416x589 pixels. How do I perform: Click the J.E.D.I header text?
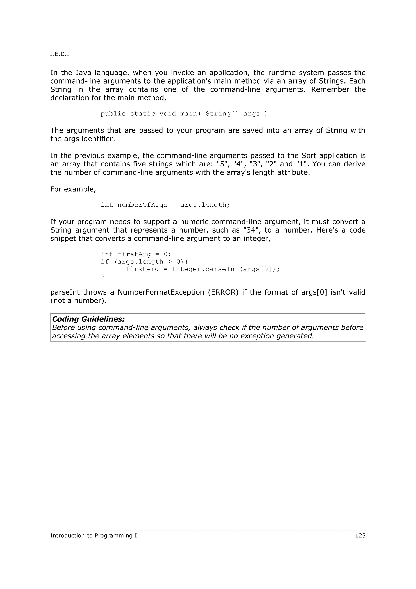pos(60,54)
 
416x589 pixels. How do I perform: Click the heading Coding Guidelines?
pos(88,319)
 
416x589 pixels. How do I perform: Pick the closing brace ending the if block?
pos(103,277)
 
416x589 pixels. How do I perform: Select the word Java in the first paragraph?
pos(83,73)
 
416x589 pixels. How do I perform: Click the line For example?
pos(73,189)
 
